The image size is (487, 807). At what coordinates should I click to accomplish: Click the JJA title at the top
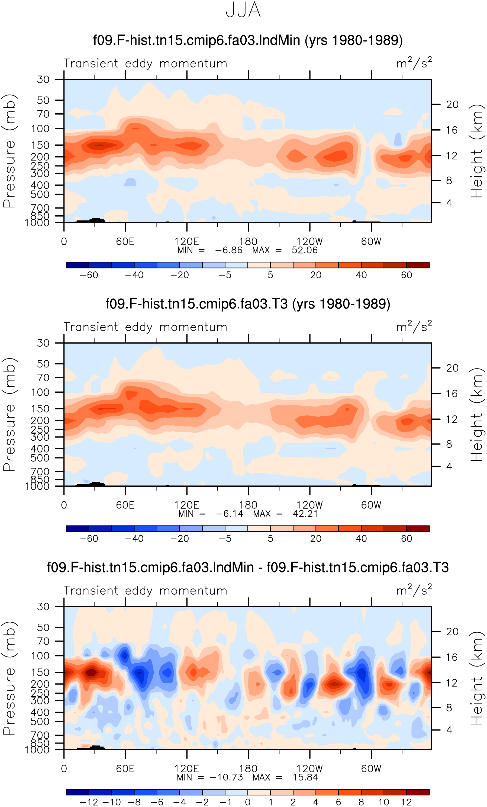(243, 10)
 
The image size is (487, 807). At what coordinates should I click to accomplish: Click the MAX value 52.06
(304, 250)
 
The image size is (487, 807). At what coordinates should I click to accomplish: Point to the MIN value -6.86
(228, 250)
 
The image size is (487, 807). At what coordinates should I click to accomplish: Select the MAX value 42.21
(305, 514)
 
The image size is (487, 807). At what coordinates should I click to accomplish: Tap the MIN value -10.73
(226, 777)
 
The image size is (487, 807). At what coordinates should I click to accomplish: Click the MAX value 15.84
(305, 777)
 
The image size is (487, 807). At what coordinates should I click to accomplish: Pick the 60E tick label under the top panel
(125, 241)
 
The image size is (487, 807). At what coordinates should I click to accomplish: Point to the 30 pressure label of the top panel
(43, 79)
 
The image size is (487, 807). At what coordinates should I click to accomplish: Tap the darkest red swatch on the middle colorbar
(418, 528)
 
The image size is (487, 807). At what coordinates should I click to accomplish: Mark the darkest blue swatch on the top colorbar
(77, 265)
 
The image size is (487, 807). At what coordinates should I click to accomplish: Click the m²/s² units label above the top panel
(414, 63)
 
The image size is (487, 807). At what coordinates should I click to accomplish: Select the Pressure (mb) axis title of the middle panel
(9, 414)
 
